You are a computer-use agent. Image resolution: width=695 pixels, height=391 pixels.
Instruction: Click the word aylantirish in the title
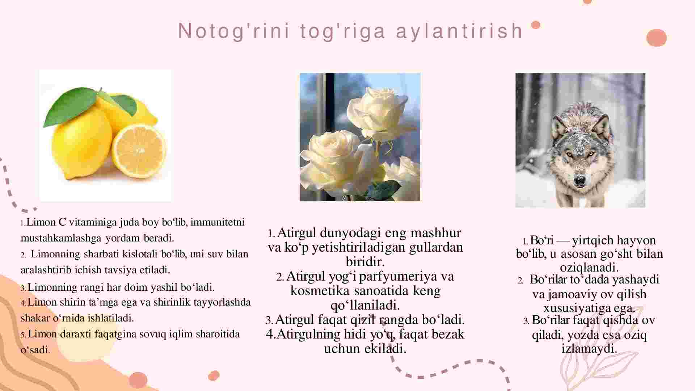coord(460,31)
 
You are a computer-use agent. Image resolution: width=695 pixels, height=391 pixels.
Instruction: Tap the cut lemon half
coord(139,151)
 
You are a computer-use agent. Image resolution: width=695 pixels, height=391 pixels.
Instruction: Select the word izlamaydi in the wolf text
coord(589,349)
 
